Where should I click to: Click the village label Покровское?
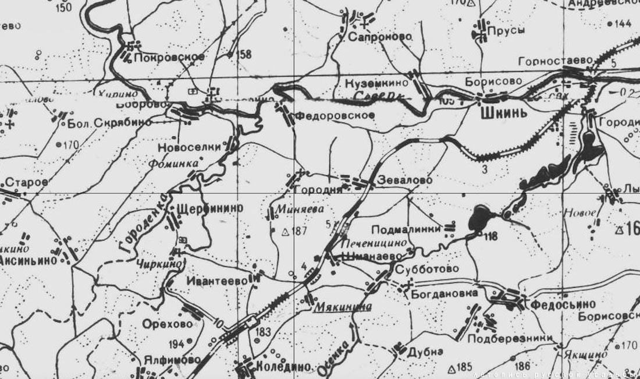pyautogui.click(x=169, y=57)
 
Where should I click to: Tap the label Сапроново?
pyautogui.click(x=381, y=37)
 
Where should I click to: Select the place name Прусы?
pyautogui.click(x=506, y=30)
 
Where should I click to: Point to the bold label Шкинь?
pyautogui.click(x=504, y=112)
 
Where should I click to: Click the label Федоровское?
pyautogui.click(x=334, y=115)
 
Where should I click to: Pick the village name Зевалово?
pyautogui.click(x=405, y=180)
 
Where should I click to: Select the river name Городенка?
pyautogui.click(x=145, y=222)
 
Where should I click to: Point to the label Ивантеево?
pyautogui.click(x=218, y=280)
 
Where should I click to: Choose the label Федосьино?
pyautogui.click(x=563, y=304)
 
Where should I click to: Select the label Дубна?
pyautogui.click(x=425, y=351)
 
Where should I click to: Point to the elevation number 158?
pyautogui.click(x=244, y=55)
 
